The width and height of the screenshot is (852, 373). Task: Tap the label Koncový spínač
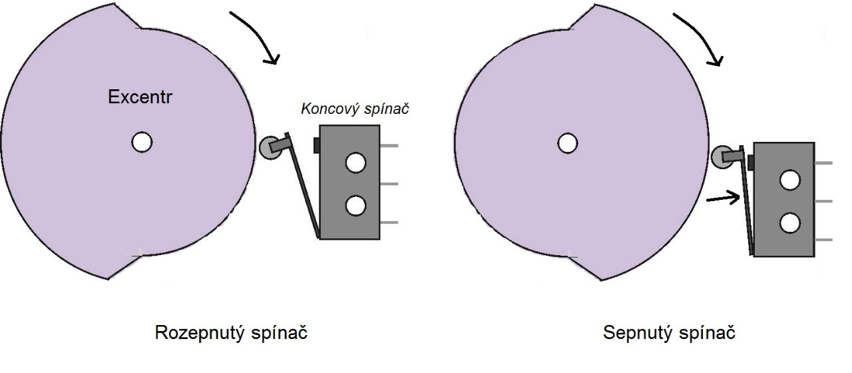click(x=353, y=109)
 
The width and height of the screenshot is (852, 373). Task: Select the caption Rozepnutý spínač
click(x=231, y=332)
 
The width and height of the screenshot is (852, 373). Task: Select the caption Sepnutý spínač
click(x=669, y=332)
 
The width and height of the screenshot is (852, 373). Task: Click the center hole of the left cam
click(x=141, y=142)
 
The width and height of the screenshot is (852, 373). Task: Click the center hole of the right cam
click(x=567, y=143)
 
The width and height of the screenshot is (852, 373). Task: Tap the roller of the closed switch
click(x=722, y=157)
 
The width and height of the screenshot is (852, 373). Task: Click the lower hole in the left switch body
click(x=355, y=206)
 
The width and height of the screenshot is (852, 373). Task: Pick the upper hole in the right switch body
click(x=790, y=179)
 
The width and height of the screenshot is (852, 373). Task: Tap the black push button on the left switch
click(x=317, y=145)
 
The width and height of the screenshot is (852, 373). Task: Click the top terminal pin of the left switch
click(x=389, y=145)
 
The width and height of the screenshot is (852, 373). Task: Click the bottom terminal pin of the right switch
click(x=823, y=239)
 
